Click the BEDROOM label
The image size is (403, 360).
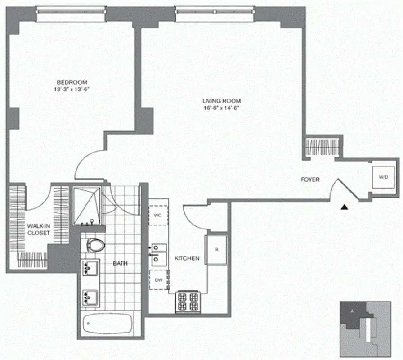pos(72,82)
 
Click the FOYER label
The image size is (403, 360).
pos(310,180)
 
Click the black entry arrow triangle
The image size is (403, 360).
pos(344,207)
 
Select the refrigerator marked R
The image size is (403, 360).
pos(216,249)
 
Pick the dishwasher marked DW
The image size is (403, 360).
pos(159,279)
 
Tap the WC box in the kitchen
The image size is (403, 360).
pos(159,216)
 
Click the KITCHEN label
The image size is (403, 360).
pos(187,258)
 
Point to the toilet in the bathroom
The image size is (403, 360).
pos(95,246)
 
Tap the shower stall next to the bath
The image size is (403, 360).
pos(88,206)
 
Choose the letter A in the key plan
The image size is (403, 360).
pos(352,310)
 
